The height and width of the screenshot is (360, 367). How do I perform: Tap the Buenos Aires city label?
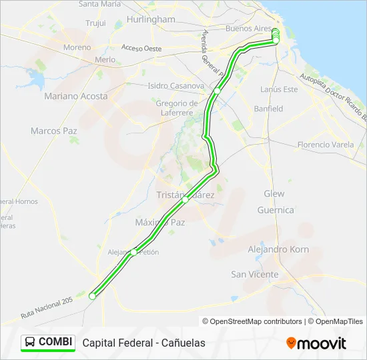pyautogui.click(x=248, y=29)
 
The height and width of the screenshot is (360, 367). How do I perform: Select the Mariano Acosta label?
pyautogui.click(x=75, y=96)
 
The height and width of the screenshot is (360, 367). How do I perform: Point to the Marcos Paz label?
pyautogui.click(x=54, y=131)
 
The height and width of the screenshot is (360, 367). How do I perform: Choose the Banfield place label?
pyautogui.click(x=268, y=109)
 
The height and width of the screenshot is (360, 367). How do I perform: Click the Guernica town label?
pyautogui.click(x=276, y=210)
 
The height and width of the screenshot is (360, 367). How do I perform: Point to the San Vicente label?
pyautogui.click(x=255, y=274)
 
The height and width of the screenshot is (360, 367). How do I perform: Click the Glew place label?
pyautogui.click(x=274, y=194)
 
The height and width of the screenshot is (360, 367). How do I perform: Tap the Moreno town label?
pyautogui.click(x=77, y=47)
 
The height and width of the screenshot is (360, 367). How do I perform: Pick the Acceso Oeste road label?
pyautogui.click(x=141, y=48)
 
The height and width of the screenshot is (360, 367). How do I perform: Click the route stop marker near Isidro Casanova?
pyautogui.click(x=218, y=91)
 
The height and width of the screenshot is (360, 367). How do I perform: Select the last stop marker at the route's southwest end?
pyautogui.click(x=93, y=296)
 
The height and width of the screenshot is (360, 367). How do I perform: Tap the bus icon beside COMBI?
pyautogui.click(x=30, y=343)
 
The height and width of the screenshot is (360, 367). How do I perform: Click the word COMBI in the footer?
pyautogui.click(x=55, y=342)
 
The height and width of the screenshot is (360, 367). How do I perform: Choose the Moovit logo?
pyautogui.click(x=316, y=343)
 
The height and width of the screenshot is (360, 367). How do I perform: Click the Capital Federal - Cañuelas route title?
pyautogui.click(x=144, y=343)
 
